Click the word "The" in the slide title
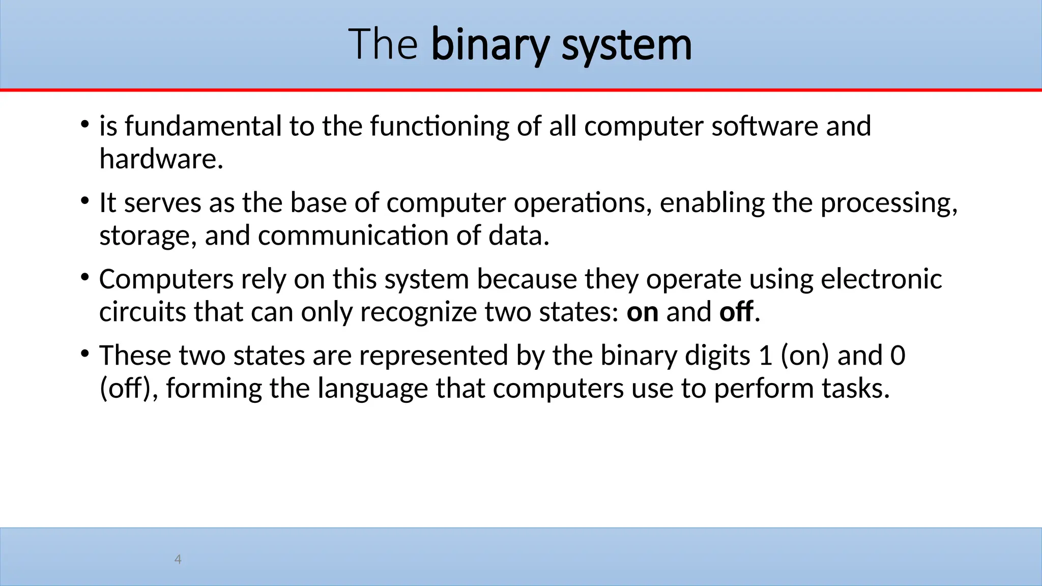[x=383, y=45]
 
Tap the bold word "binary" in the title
[x=490, y=46]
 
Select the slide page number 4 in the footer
[x=178, y=560]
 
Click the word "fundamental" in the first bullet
[x=203, y=126]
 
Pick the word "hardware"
[x=161, y=159]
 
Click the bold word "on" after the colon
[x=642, y=312]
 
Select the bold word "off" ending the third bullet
[x=736, y=312]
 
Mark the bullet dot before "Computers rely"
[x=85, y=277]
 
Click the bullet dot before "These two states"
[x=85, y=354]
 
